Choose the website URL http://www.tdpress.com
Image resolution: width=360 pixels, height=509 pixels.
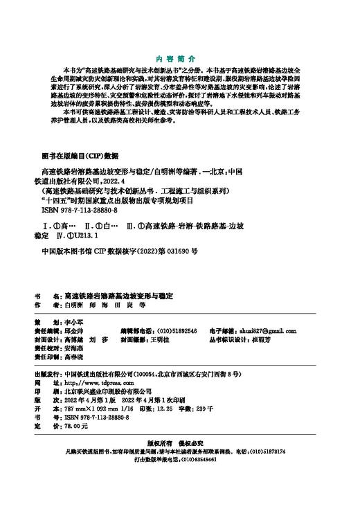click(93, 382)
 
